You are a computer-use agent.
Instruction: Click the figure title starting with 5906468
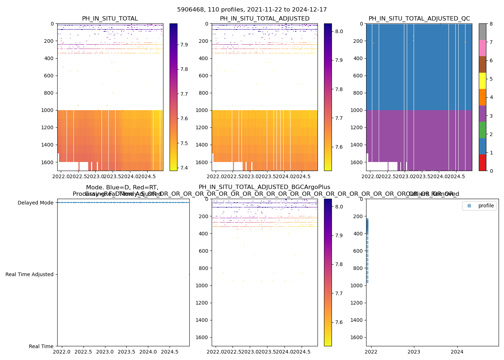[x=252, y=10]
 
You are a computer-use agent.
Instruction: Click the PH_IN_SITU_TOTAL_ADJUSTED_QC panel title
[x=419, y=19]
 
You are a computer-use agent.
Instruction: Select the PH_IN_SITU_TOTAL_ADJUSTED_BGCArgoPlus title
[x=264, y=187]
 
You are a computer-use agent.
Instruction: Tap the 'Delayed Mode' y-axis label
[x=35, y=203]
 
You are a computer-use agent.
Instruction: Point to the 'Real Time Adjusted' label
[x=29, y=274]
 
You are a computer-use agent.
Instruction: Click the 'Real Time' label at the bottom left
[x=41, y=346]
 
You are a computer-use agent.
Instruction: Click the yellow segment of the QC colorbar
[x=482, y=81]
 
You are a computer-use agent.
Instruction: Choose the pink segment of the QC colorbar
[x=482, y=48]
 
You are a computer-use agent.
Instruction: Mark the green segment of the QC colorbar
[x=482, y=130]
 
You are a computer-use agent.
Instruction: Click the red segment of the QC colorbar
[x=482, y=162]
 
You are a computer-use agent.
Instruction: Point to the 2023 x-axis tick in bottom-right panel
[x=414, y=351]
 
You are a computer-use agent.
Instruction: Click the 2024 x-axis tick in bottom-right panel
[x=457, y=351]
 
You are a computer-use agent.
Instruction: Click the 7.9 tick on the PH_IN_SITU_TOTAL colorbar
[x=184, y=45]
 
